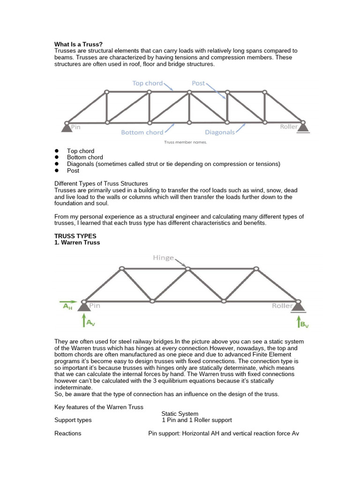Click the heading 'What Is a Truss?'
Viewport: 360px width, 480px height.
[78, 44]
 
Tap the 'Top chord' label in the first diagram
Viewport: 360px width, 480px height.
[147, 83]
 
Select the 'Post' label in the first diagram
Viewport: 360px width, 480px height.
[198, 83]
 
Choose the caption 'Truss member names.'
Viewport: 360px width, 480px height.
[185, 142]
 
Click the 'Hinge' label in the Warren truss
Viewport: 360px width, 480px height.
[163, 258]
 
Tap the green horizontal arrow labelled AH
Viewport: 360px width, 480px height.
[68, 302]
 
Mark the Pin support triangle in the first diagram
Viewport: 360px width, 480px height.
[66, 127]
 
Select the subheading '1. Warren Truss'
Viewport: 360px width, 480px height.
[77, 243]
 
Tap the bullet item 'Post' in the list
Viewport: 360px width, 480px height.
[73, 171]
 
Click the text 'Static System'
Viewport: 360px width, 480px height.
[180, 413]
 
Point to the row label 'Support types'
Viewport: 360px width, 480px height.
[73, 420]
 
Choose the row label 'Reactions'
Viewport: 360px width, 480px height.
[67, 433]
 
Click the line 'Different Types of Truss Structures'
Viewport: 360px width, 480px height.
[101, 183]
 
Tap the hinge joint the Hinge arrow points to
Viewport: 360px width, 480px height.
[188, 269]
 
